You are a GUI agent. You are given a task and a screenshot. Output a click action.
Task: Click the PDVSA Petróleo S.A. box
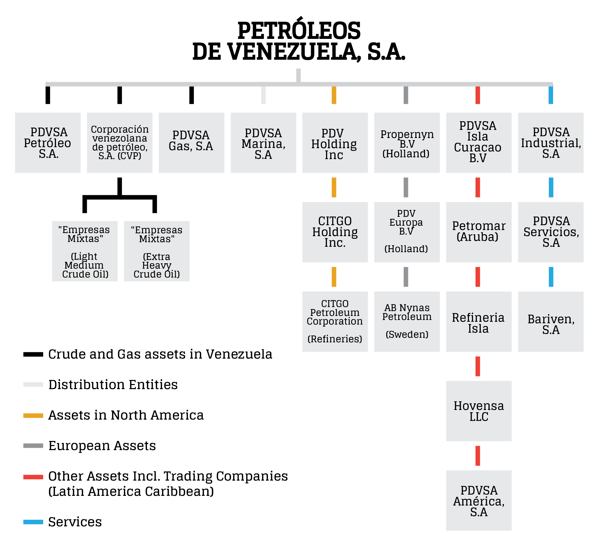pos(48,143)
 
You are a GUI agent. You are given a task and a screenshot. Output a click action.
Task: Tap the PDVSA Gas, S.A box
pos(191,143)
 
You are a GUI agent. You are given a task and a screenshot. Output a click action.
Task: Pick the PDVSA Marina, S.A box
pos(263,143)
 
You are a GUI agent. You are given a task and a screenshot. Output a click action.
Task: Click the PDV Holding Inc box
pos(335,143)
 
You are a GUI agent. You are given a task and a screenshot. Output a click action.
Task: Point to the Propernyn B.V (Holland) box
pos(407,143)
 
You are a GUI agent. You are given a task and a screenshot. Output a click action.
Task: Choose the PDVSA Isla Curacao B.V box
pos(479,143)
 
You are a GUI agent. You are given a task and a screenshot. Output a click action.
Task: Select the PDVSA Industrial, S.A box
pos(551,143)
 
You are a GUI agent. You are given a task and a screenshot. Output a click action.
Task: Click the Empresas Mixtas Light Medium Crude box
pos(85,251)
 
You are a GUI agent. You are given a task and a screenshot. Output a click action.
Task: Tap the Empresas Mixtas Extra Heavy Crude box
pos(157,251)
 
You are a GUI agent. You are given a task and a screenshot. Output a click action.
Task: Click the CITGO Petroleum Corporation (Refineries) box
pos(335,322)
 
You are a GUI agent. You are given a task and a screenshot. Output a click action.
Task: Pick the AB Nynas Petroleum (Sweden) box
pos(407,322)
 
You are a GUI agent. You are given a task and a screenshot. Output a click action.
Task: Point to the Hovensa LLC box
pos(479,411)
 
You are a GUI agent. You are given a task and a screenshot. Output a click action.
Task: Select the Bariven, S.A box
pos(551,322)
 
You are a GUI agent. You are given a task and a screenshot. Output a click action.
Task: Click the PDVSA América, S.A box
pos(479,501)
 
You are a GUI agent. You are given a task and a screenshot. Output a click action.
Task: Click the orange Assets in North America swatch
pos(33,416)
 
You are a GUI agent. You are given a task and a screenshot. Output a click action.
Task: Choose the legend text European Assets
pos(102,446)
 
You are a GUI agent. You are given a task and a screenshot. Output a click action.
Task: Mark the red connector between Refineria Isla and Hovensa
pos(478,366)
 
